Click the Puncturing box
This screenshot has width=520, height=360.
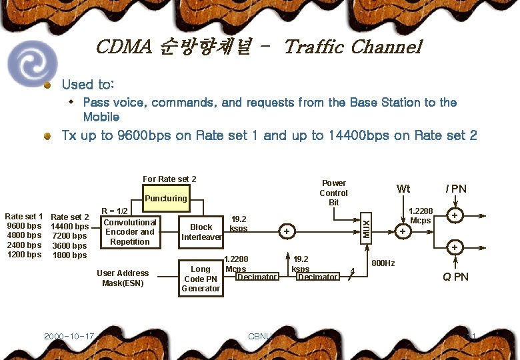point(166,198)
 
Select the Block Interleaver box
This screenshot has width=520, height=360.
point(201,231)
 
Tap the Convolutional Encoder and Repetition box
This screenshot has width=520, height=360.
point(130,232)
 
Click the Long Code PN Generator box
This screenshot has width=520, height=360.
point(201,279)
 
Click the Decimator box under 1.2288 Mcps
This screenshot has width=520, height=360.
point(257,277)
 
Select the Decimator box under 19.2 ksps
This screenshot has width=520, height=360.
point(318,277)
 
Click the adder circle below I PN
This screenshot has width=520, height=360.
point(455,216)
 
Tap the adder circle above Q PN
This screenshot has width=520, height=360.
point(455,247)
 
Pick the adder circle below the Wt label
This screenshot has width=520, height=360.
point(403,231)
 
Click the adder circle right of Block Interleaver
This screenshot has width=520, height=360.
point(287,231)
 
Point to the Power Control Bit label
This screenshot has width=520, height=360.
point(333,193)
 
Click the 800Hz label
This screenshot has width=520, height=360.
point(383,263)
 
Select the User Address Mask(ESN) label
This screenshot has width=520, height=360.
point(123,278)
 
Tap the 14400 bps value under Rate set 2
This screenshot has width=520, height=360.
point(69,226)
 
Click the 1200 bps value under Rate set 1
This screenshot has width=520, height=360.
point(24,255)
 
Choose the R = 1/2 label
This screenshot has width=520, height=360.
point(113,211)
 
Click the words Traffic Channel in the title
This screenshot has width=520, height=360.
point(353,47)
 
